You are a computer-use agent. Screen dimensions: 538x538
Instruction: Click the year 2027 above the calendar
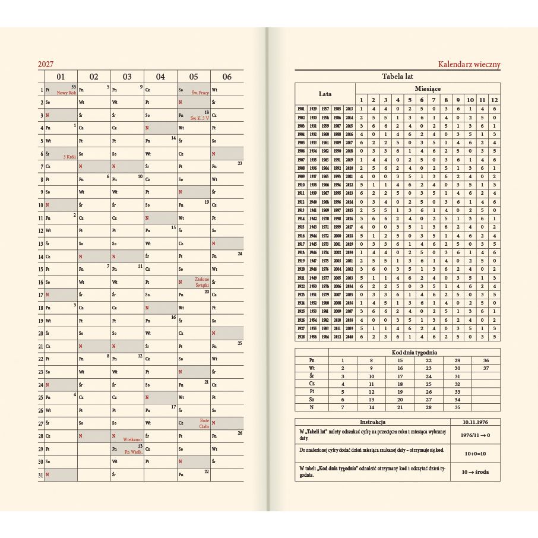point(46,64)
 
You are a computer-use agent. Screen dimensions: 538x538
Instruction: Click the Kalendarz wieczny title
point(469,64)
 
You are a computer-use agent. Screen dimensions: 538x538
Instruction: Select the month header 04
point(160,77)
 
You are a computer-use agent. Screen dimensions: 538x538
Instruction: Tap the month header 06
point(227,77)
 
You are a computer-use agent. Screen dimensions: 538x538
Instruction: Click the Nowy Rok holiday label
point(67,93)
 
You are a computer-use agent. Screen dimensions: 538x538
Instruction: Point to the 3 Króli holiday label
point(69,157)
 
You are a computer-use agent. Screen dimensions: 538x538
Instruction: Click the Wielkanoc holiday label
point(131,439)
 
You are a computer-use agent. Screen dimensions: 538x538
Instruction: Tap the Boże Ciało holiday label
point(204,423)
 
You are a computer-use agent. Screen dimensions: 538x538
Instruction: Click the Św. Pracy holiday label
point(200,93)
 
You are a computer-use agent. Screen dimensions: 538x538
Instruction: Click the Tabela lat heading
point(397,77)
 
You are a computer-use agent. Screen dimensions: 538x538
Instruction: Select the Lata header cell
point(325,94)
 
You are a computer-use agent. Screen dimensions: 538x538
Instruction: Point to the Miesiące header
point(427,88)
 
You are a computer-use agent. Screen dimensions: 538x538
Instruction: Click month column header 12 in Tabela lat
point(494,100)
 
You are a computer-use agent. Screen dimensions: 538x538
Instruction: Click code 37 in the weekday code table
point(486,368)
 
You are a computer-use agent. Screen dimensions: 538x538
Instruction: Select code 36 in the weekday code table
point(486,360)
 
